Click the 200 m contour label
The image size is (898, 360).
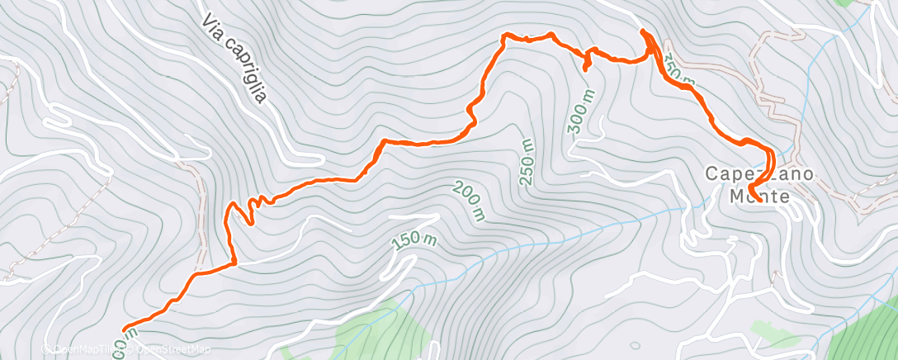[x=468, y=201]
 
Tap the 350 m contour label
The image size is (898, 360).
[x=678, y=73]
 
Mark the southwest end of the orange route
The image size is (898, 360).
[x=123, y=329]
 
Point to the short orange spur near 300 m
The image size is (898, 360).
[x=586, y=64]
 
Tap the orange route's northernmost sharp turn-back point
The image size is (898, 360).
[x=643, y=32]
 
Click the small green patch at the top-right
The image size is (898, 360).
[x=847, y=3]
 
